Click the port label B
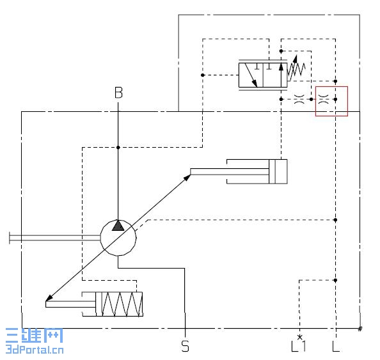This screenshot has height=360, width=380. (x=118, y=93)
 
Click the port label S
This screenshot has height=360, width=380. (x=185, y=346)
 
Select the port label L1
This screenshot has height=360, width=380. (x=299, y=346)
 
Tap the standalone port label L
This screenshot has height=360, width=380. (x=336, y=346)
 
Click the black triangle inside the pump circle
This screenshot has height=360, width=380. (x=118, y=226)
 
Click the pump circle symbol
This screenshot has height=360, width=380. (x=118, y=238)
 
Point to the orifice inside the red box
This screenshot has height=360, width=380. (x=323, y=99)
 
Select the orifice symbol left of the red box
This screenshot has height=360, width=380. (x=299, y=99)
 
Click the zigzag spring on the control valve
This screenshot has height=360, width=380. (x=296, y=69)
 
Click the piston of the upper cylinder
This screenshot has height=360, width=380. (x=272, y=171)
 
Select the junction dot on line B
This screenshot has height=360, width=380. (x=118, y=147)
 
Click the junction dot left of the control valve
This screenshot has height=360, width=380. (x=203, y=75)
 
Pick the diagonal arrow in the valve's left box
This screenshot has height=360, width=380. (x=251, y=75)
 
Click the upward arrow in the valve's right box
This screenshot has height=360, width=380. (x=281, y=75)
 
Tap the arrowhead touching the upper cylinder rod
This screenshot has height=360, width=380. (x=187, y=178)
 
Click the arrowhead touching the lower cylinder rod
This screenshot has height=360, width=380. (x=49, y=298)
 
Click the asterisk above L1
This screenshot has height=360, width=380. (x=300, y=337)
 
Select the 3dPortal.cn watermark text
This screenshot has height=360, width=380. (x=35, y=350)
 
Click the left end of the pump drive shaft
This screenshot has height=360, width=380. (x=10, y=238)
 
